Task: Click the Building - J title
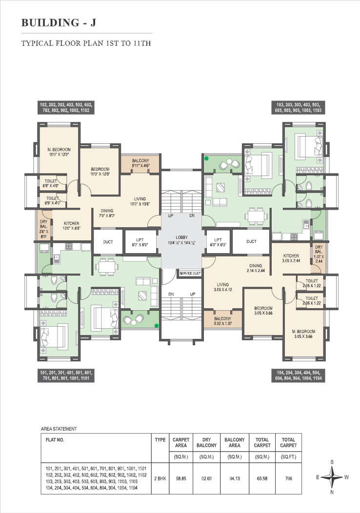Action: tap(59, 22)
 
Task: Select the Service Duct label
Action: tap(190, 273)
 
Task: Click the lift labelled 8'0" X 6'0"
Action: tap(140, 242)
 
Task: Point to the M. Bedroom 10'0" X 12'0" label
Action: tap(59, 152)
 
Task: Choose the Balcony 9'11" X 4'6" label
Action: tap(140, 163)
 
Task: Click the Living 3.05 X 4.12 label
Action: tap(222, 287)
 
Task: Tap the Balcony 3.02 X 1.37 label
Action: tap(222, 321)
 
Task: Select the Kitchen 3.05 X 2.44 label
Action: tap(291, 258)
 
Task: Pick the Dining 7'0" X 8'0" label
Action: tap(107, 213)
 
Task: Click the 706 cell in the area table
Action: tap(288, 478)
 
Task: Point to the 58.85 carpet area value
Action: tap(181, 478)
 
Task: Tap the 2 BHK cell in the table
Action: tap(160, 478)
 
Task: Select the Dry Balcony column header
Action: tap(206, 442)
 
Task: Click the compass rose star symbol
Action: tap(332, 477)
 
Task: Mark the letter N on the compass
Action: tap(332, 492)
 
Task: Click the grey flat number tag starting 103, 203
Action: tap(298, 108)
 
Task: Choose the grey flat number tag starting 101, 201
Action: tap(66, 375)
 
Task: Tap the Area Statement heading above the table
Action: tap(59, 429)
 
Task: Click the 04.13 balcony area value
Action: tap(235, 478)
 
